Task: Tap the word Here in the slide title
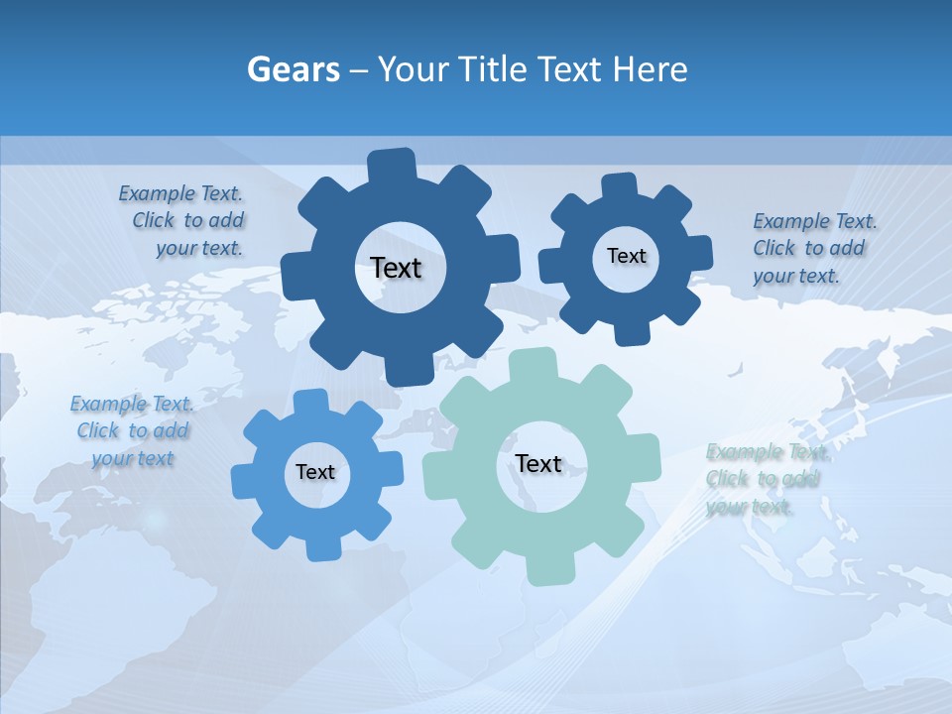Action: pyautogui.click(x=649, y=69)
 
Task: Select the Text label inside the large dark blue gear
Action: pyautogui.click(x=396, y=268)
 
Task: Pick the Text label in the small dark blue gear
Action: pyautogui.click(x=626, y=256)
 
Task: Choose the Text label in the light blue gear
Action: pyautogui.click(x=315, y=472)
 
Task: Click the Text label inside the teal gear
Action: pyautogui.click(x=538, y=463)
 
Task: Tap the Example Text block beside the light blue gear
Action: pyautogui.click(x=132, y=430)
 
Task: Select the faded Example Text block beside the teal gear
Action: pyautogui.click(x=765, y=479)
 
